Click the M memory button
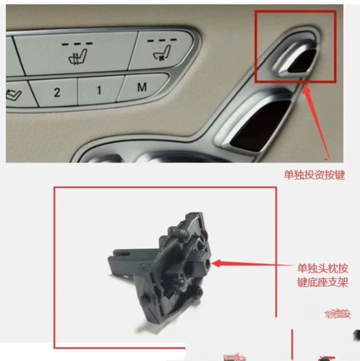click(142, 88)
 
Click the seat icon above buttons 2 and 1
click(75, 56)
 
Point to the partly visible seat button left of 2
click(12, 94)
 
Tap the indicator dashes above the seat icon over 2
click(74, 43)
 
